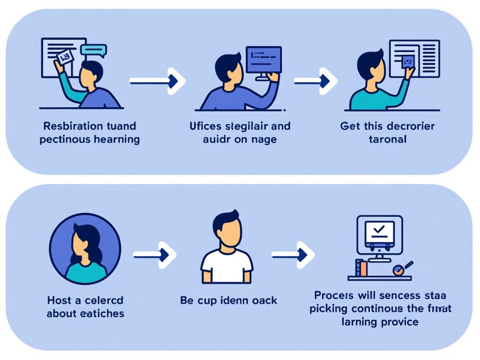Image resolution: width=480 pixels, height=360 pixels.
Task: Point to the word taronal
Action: point(387,139)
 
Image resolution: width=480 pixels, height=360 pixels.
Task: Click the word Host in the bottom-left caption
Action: point(59,300)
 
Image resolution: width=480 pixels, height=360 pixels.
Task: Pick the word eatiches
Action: point(104,313)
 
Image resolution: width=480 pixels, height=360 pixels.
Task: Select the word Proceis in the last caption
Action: point(334,296)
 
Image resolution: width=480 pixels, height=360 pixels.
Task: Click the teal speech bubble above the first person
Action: point(93,50)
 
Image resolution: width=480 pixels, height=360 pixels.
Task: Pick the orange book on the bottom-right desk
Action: point(363,268)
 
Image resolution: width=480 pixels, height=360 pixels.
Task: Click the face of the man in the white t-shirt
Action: point(227,232)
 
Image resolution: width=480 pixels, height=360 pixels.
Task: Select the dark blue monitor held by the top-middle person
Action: point(263,60)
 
